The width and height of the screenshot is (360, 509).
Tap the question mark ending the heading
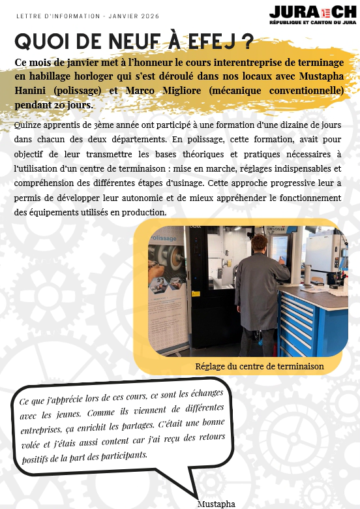coord(247,41)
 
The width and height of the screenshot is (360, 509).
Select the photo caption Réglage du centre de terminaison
coord(260,367)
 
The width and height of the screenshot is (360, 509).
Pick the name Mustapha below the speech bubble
coord(216,503)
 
